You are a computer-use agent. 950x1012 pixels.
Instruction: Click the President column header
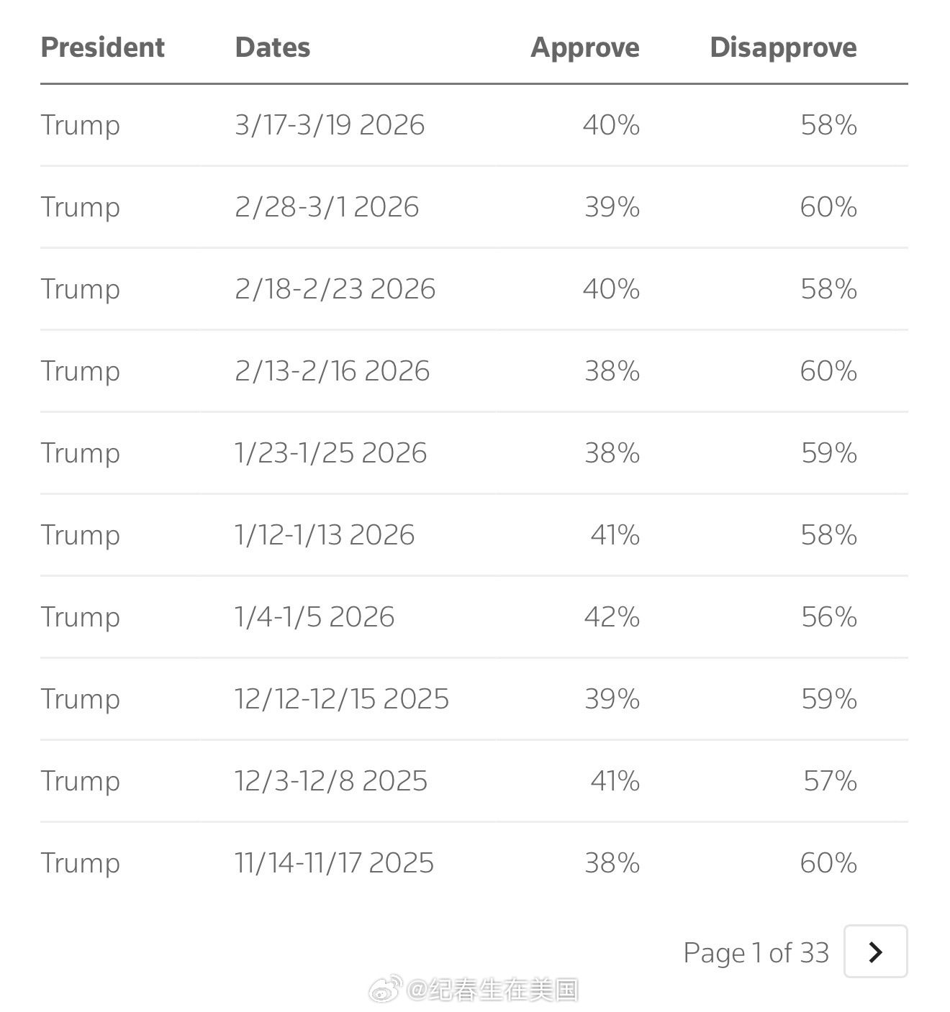coord(102,47)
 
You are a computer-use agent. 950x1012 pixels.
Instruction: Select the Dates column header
coord(272,47)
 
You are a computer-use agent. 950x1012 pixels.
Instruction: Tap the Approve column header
coord(584,47)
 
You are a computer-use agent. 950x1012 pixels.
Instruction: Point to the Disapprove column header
coord(783,47)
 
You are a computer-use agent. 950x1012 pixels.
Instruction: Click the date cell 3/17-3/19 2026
coord(330,125)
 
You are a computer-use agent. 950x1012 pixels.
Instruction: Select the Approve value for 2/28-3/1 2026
coord(612,207)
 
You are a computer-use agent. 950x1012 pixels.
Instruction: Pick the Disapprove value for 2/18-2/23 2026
coord(828,289)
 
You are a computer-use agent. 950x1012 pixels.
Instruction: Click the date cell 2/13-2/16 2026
coord(332,371)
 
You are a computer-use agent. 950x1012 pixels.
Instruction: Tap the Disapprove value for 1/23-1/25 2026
coord(829,453)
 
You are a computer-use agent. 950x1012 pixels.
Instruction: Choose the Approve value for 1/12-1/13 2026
coord(615,535)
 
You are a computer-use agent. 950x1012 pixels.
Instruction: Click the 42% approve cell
coord(612,617)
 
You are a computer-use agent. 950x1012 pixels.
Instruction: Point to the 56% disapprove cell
coord(829,617)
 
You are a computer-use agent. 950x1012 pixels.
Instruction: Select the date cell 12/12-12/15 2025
coord(341,699)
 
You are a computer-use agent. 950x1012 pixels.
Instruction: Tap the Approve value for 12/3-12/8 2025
coord(615,781)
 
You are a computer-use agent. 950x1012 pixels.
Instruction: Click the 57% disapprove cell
coord(830,781)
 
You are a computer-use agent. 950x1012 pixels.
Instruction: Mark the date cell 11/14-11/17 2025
coord(334,863)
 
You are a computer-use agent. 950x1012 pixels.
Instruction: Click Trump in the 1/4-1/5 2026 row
coord(80,617)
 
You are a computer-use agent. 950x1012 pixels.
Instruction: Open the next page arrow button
coord(875,952)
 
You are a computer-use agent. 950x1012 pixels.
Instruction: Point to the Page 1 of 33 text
coord(756,953)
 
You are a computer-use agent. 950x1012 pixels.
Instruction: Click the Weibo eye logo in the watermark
coord(385,990)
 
